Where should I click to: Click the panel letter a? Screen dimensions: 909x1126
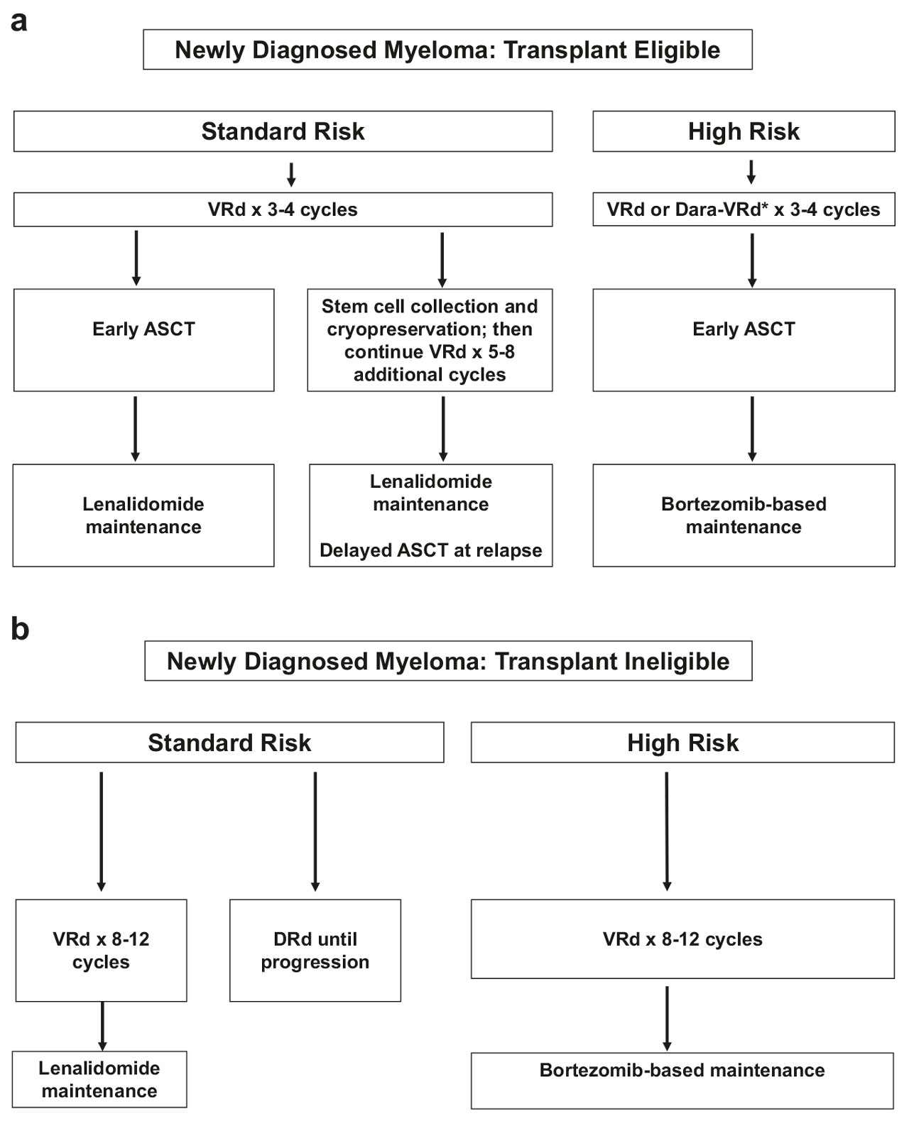click(18, 22)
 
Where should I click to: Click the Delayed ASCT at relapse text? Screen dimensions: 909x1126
click(430, 550)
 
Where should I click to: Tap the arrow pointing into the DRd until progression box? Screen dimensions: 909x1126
click(315, 831)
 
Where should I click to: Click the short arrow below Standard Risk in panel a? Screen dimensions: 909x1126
click(291, 175)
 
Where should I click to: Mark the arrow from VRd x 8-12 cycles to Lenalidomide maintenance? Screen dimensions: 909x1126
click(102, 1026)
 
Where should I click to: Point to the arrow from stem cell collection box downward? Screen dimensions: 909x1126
click(443, 429)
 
